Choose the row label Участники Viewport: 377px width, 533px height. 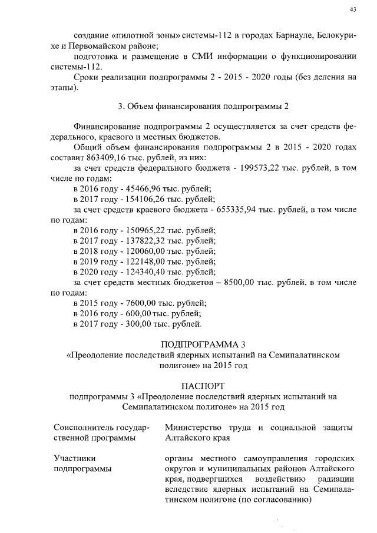(x=75, y=458)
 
